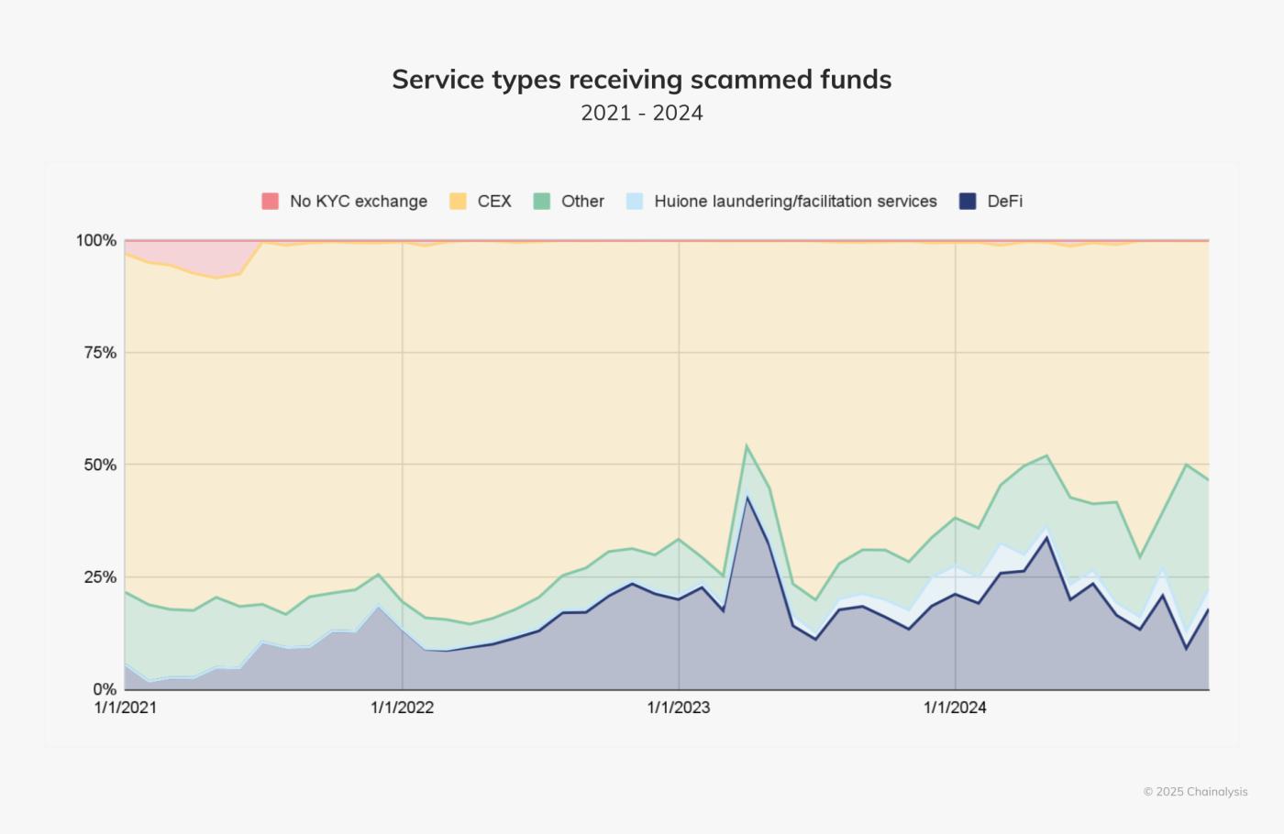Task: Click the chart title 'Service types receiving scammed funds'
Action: [641, 80]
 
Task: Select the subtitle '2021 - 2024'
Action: [641, 113]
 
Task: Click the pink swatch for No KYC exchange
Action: [270, 202]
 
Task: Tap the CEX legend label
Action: [493, 202]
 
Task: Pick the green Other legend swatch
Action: [542, 202]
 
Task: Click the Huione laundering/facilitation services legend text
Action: [795, 202]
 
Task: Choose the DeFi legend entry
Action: [1004, 202]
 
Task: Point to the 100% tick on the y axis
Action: [96, 241]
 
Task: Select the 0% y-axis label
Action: [104, 689]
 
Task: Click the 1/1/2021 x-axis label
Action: [126, 708]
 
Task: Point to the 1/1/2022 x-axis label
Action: [402, 708]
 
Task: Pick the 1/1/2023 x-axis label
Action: [679, 708]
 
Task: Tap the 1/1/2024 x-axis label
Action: [955, 708]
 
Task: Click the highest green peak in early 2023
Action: [747, 446]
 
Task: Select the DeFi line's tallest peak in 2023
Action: [747, 498]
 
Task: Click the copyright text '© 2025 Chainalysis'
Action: [1195, 792]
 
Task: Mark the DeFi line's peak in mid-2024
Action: [1046, 537]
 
